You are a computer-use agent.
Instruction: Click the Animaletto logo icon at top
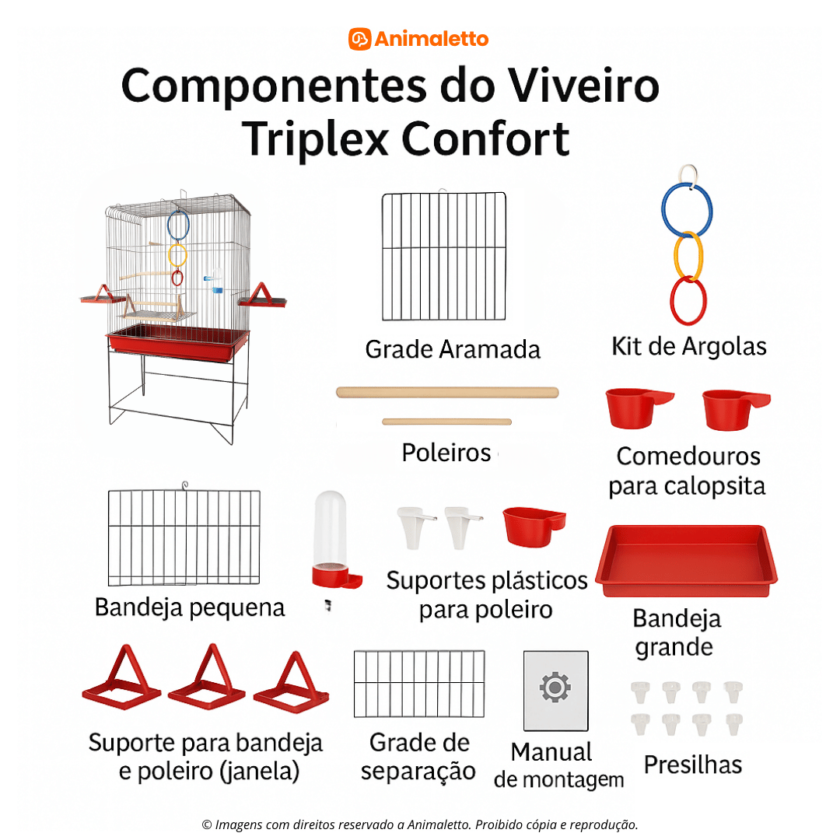coord(359,39)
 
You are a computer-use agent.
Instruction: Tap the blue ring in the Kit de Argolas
coord(687,211)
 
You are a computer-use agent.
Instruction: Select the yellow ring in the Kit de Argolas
coord(688,257)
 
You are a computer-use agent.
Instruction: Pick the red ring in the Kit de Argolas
coord(688,301)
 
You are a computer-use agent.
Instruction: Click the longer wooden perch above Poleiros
coord(447,392)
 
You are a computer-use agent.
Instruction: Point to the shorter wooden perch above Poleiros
coord(446,422)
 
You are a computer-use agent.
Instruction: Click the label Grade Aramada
coord(453,349)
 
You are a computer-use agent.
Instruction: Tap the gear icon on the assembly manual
coord(555,688)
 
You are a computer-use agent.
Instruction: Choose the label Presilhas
coord(692,765)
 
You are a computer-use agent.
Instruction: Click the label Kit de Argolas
coord(689,346)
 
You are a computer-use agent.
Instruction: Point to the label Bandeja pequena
coord(190,607)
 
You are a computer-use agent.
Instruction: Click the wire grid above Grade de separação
coord(418,684)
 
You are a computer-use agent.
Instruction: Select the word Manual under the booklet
coord(551,752)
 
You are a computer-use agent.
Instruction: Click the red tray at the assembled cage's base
coord(177,343)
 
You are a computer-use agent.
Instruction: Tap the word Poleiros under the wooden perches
coord(446,452)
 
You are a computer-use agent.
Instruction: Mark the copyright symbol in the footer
coord(207,824)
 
